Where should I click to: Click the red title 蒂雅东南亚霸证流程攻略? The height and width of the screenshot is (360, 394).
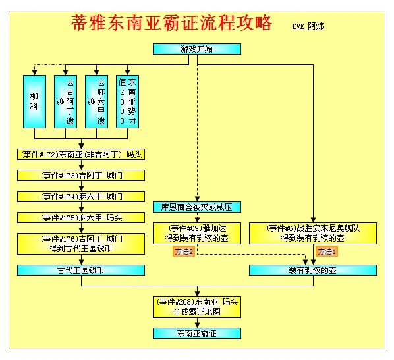pyautogui.click(x=171, y=24)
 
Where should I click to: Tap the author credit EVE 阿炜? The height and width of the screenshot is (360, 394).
pyautogui.click(x=308, y=26)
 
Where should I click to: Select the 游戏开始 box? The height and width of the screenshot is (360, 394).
pyautogui.click(x=196, y=49)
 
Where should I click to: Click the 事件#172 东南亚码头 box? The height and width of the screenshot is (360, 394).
pyautogui.click(x=81, y=155)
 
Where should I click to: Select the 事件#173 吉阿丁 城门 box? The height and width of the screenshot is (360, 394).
pyautogui.click(x=81, y=176)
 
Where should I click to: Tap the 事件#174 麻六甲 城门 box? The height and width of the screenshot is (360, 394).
pyautogui.click(x=81, y=197)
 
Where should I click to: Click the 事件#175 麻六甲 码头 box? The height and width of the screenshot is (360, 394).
pyautogui.click(x=81, y=217)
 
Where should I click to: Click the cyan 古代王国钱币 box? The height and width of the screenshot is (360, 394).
pyautogui.click(x=81, y=270)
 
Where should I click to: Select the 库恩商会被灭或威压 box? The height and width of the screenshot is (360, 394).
pyautogui.click(x=196, y=207)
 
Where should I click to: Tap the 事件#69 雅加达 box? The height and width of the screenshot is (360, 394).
pyautogui.click(x=196, y=232)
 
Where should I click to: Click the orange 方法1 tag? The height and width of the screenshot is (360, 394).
pyautogui.click(x=325, y=251)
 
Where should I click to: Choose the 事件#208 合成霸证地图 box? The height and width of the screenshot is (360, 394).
pyautogui.click(x=196, y=306)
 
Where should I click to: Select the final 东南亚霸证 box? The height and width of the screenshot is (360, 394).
pyautogui.click(x=196, y=334)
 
